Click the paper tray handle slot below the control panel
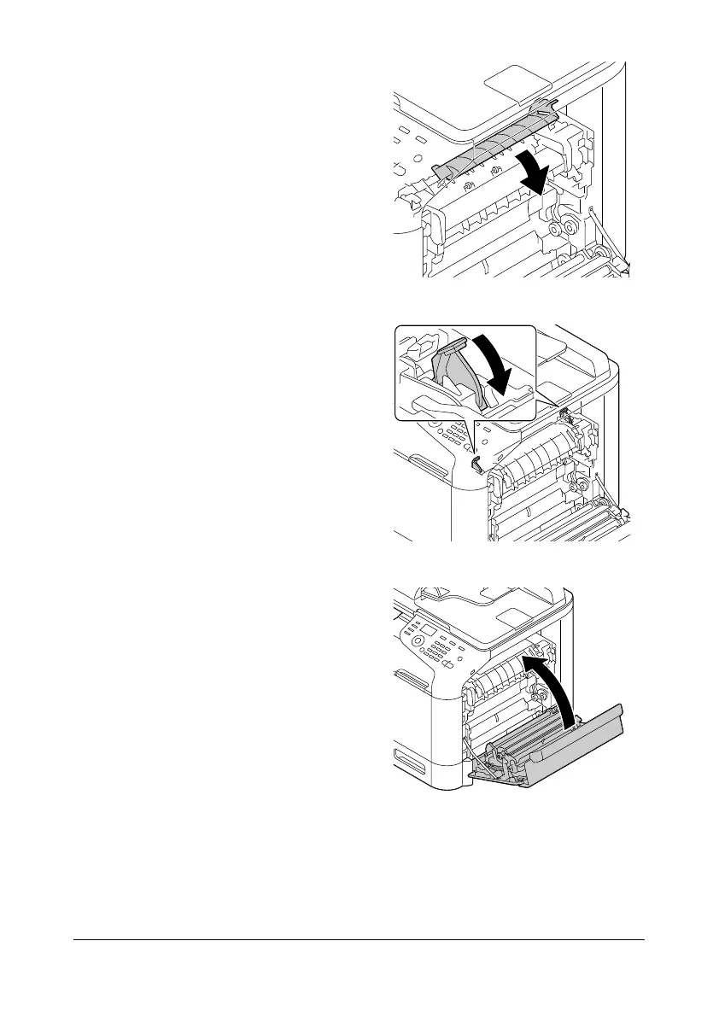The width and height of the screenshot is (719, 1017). [x=405, y=756]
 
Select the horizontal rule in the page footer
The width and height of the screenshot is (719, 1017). [x=359, y=942]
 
